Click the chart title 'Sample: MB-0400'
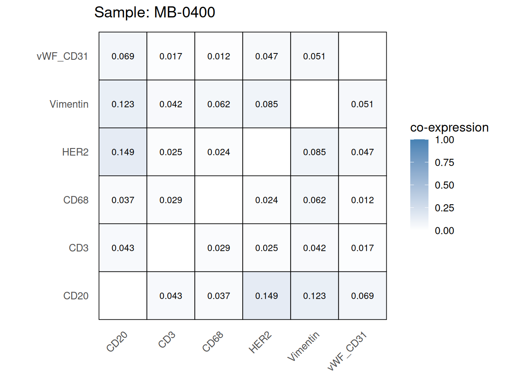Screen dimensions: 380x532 pos(154,13)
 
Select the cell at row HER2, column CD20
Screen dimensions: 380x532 pos(123,152)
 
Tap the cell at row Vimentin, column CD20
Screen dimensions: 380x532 pos(123,104)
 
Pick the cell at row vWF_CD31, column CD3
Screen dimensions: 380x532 pos(171,56)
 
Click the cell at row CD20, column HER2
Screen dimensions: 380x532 pos(266,296)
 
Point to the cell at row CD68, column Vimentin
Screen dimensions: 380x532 pos(314,200)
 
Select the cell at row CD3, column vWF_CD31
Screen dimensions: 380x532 pos(362,248)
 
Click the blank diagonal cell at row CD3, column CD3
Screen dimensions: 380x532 pos(171,248)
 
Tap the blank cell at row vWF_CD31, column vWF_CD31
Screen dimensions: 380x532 pos(362,56)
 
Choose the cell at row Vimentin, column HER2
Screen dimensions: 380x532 pos(266,104)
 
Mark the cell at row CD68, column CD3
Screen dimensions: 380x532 pos(171,200)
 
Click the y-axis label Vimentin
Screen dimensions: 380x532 pos(69,104)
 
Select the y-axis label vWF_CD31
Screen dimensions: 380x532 pos(62,56)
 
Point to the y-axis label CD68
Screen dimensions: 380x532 pos(76,200)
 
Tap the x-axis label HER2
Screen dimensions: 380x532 pos(260,343)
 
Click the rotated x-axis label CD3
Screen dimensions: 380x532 pos(167,340)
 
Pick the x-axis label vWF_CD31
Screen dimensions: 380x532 pos(348,351)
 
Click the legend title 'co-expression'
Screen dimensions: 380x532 pos(449,127)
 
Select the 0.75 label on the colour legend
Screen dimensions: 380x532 pos(444,162)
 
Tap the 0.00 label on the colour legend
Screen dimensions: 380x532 pos(444,231)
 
